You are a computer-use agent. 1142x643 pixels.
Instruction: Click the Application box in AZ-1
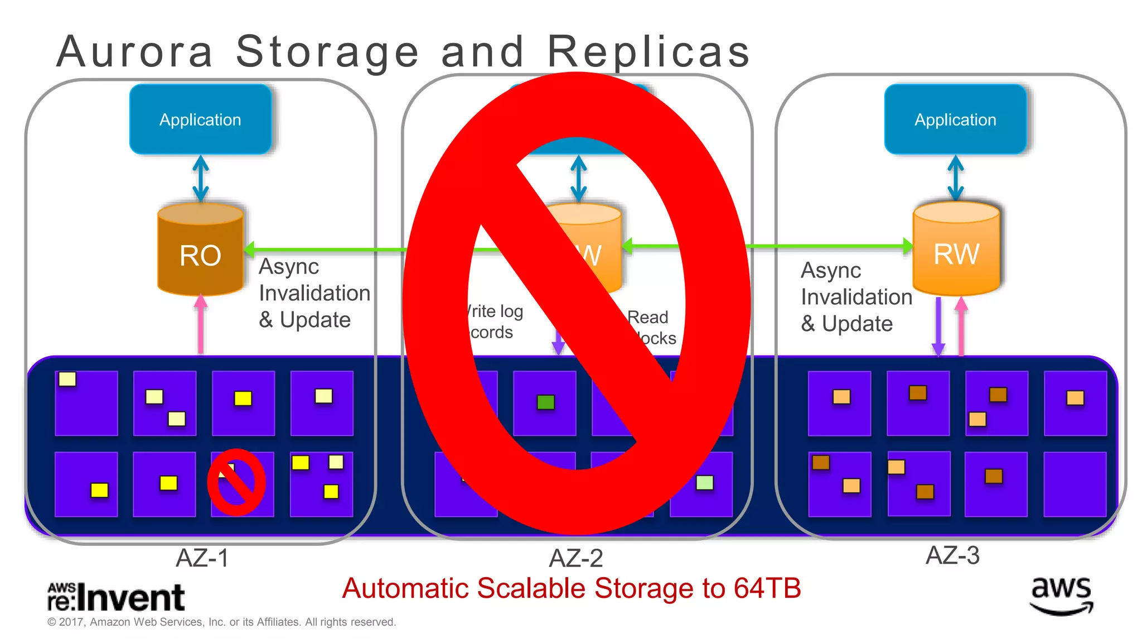(x=200, y=119)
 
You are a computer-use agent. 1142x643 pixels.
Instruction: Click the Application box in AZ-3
(x=955, y=119)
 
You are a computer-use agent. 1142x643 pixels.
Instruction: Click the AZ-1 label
(x=202, y=558)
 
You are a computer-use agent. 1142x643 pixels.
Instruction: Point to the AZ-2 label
(x=576, y=558)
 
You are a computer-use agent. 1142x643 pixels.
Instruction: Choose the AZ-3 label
(x=952, y=555)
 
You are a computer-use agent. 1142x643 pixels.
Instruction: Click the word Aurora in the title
(x=135, y=52)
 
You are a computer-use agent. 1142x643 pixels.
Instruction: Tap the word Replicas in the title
(x=649, y=52)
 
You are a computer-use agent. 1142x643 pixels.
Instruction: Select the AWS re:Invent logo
(x=116, y=597)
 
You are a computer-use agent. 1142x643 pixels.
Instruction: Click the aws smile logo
(x=1061, y=596)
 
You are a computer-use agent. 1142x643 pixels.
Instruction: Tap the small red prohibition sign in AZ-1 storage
(x=236, y=482)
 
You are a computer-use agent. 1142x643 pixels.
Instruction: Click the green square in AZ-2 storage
(x=545, y=402)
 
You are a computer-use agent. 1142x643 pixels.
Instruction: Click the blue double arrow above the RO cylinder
(x=201, y=179)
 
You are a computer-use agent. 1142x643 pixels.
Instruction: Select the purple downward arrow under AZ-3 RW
(x=938, y=327)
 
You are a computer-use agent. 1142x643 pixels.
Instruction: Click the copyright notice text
(x=221, y=622)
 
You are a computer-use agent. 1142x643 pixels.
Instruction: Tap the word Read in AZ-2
(x=648, y=317)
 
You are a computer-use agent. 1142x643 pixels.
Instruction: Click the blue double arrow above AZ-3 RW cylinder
(x=956, y=179)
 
